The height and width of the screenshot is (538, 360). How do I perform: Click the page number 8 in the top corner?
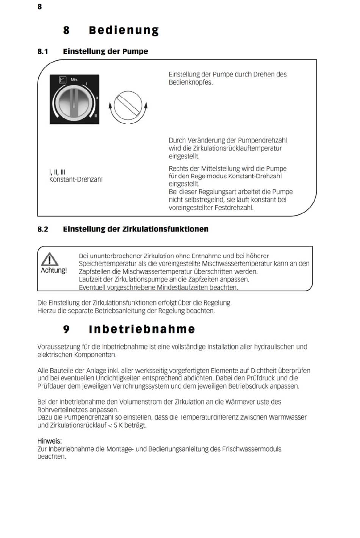(39, 6)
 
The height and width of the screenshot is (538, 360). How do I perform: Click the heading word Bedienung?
(124, 30)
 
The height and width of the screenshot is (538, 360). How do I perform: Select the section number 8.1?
(43, 52)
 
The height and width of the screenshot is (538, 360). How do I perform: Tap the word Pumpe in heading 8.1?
(135, 52)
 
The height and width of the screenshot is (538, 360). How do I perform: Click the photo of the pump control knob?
(75, 99)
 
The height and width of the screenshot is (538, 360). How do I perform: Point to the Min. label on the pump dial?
(74, 80)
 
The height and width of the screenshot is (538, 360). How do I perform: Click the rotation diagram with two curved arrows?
(128, 107)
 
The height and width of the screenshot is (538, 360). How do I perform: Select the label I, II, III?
(57, 172)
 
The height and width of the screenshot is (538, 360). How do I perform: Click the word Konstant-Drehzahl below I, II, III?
(76, 180)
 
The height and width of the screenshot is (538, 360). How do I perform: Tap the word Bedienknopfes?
(191, 82)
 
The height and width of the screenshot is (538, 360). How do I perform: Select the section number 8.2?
(43, 229)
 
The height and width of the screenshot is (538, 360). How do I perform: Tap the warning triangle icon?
(50, 259)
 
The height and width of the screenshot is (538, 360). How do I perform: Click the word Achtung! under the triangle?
(53, 271)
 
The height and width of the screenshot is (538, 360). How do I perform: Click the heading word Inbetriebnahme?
(142, 329)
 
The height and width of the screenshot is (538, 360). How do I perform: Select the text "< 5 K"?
(115, 425)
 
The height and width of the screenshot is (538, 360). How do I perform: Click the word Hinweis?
(49, 441)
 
